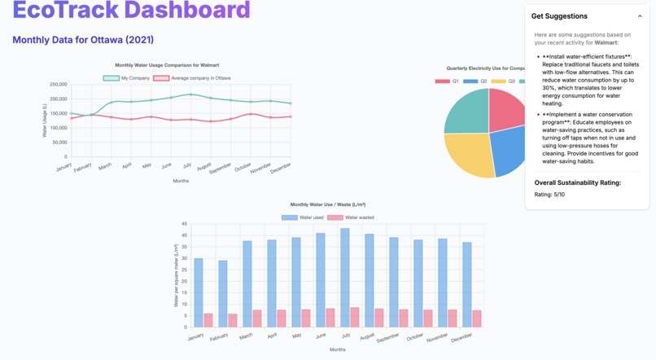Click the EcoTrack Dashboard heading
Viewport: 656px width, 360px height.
coord(131,11)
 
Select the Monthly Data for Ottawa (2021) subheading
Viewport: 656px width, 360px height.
coord(83,40)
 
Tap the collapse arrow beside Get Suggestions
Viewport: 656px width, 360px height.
coord(640,16)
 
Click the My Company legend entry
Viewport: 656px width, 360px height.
coord(127,78)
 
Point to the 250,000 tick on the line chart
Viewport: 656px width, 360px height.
coord(58,85)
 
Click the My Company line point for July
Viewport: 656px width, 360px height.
coord(190,94)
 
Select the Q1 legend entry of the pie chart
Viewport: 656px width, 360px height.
coord(448,81)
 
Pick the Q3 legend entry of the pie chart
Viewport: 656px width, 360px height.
coord(504,81)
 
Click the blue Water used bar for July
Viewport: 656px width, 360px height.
coord(345,277)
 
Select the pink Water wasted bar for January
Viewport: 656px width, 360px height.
coord(208,320)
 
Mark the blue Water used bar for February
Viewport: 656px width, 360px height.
coord(223,293)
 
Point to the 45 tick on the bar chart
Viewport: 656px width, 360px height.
coord(184,224)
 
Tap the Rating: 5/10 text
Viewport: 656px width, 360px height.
coord(549,195)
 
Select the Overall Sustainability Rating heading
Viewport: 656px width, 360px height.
coord(577,182)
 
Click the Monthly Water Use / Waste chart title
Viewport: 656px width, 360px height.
coord(327,204)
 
